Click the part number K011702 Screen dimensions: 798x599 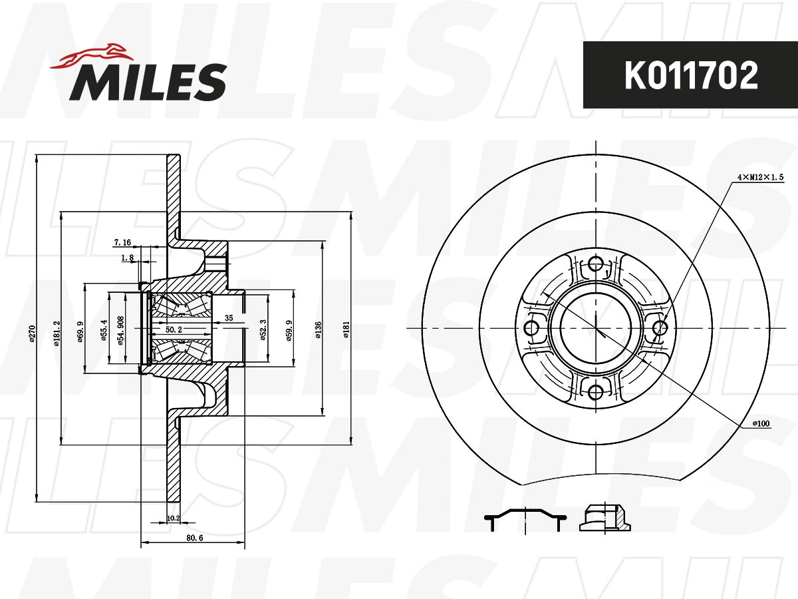click(x=691, y=76)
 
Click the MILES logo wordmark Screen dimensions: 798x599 click(x=148, y=82)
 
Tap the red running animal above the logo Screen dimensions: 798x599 click(x=92, y=56)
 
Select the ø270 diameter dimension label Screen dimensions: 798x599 click(x=33, y=333)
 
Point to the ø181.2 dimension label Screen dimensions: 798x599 click(x=57, y=333)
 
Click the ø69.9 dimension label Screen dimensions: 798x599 click(x=80, y=331)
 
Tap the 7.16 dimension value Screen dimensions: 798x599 click(x=122, y=242)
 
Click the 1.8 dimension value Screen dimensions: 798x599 click(x=127, y=258)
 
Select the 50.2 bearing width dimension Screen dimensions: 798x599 click(x=174, y=329)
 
